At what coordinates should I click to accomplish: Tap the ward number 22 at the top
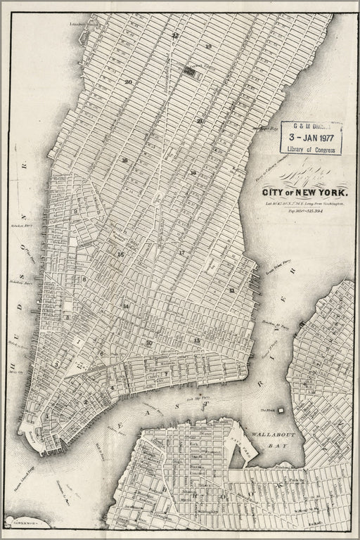pos(175,34)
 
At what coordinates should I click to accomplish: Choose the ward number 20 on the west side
pos(128,82)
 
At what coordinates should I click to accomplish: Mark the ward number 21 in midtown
pos(200,121)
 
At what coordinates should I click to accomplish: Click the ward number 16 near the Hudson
pos(124,161)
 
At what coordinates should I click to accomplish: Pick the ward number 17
pos(181,252)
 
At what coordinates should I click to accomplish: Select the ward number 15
pos(121,254)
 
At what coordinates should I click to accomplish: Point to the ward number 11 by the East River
pos(231,289)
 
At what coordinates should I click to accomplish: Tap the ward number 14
pos(126,306)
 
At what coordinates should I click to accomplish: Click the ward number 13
pos(197,340)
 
